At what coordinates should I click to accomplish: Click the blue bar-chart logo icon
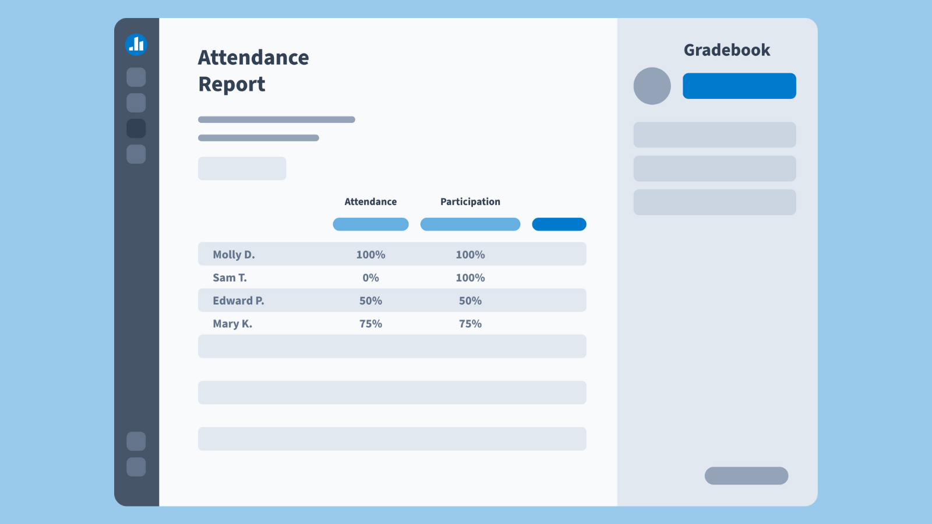click(x=136, y=44)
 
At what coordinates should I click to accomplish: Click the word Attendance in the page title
click(x=253, y=58)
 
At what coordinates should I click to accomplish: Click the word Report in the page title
click(x=232, y=84)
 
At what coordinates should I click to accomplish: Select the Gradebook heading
click(x=726, y=50)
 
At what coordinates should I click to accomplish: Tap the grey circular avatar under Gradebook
click(x=652, y=86)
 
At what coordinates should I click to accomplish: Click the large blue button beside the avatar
click(x=739, y=86)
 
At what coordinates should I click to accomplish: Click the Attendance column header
click(x=370, y=201)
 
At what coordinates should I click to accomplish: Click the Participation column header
click(x=470, y=201)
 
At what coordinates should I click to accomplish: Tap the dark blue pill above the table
click(x=559, y=224)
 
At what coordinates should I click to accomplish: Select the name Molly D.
click(x=234, y=254)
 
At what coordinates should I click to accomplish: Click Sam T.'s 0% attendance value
click(x=370, y=278)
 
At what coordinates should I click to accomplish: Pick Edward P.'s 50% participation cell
click(x=470, y=300)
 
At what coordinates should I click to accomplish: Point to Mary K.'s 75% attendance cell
click(x=370, y=324)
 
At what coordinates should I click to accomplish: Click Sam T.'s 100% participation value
click(x=470, y=278)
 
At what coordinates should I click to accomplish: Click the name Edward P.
click(x=238, y=300)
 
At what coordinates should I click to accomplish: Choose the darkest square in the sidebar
click(x=136, y=129)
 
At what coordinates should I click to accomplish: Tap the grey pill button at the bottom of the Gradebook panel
click(x=746, y=476)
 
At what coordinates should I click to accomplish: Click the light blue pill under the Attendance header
click(x=370, y=224)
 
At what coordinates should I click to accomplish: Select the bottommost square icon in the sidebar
click(x=136, y=467)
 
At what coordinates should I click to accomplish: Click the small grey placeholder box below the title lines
click(x=242, y=168)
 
